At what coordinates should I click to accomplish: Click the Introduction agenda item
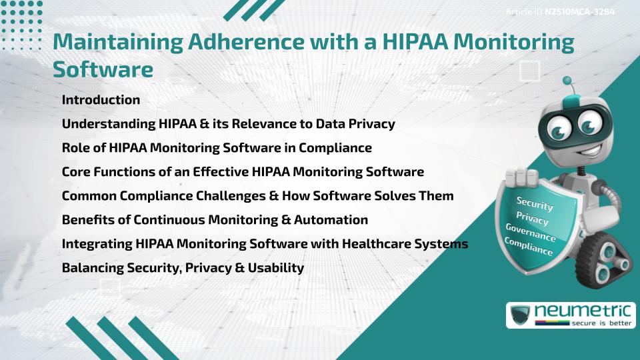click(101, 100)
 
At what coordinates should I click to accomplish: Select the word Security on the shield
click(534, 204)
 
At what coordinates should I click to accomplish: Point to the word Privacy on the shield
click(533, 219)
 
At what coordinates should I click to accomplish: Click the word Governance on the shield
click(530, 233)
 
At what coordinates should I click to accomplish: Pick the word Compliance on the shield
click(529, 247)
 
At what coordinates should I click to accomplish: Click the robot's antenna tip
click(567, 81)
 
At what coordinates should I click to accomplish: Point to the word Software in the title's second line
click(103, 69)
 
